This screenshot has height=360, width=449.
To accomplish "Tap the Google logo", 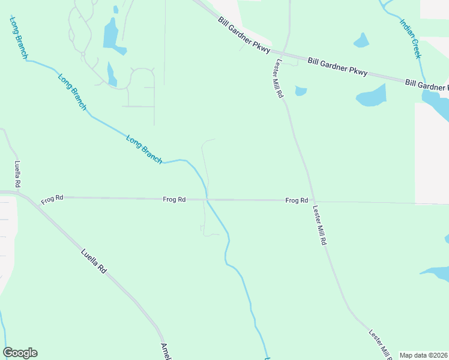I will click(x=20, y=353).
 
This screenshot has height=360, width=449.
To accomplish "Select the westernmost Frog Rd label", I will click(x=52, y=198).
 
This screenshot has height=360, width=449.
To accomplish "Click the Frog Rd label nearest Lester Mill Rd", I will click(x=297, y=200).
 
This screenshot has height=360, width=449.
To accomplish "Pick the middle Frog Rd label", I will click(x=174, y=199).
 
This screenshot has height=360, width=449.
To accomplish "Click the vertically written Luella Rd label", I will click(x=18, y=174).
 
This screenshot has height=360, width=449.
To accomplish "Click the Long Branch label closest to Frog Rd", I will click(x=144, y=149).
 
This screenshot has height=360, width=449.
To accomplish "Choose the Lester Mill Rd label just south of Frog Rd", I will click(x=319, y=225).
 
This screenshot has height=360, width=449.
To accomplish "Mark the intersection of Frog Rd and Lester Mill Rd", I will click(x=312, y=201).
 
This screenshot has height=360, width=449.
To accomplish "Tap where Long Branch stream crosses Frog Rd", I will click(x=207, y=199).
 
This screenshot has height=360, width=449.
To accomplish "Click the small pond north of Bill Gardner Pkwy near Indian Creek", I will click(x=361, y=40).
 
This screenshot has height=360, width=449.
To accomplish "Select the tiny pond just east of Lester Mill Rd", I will click(x=301, y=91).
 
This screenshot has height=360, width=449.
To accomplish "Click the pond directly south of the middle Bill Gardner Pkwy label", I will click(x=372, y=95).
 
